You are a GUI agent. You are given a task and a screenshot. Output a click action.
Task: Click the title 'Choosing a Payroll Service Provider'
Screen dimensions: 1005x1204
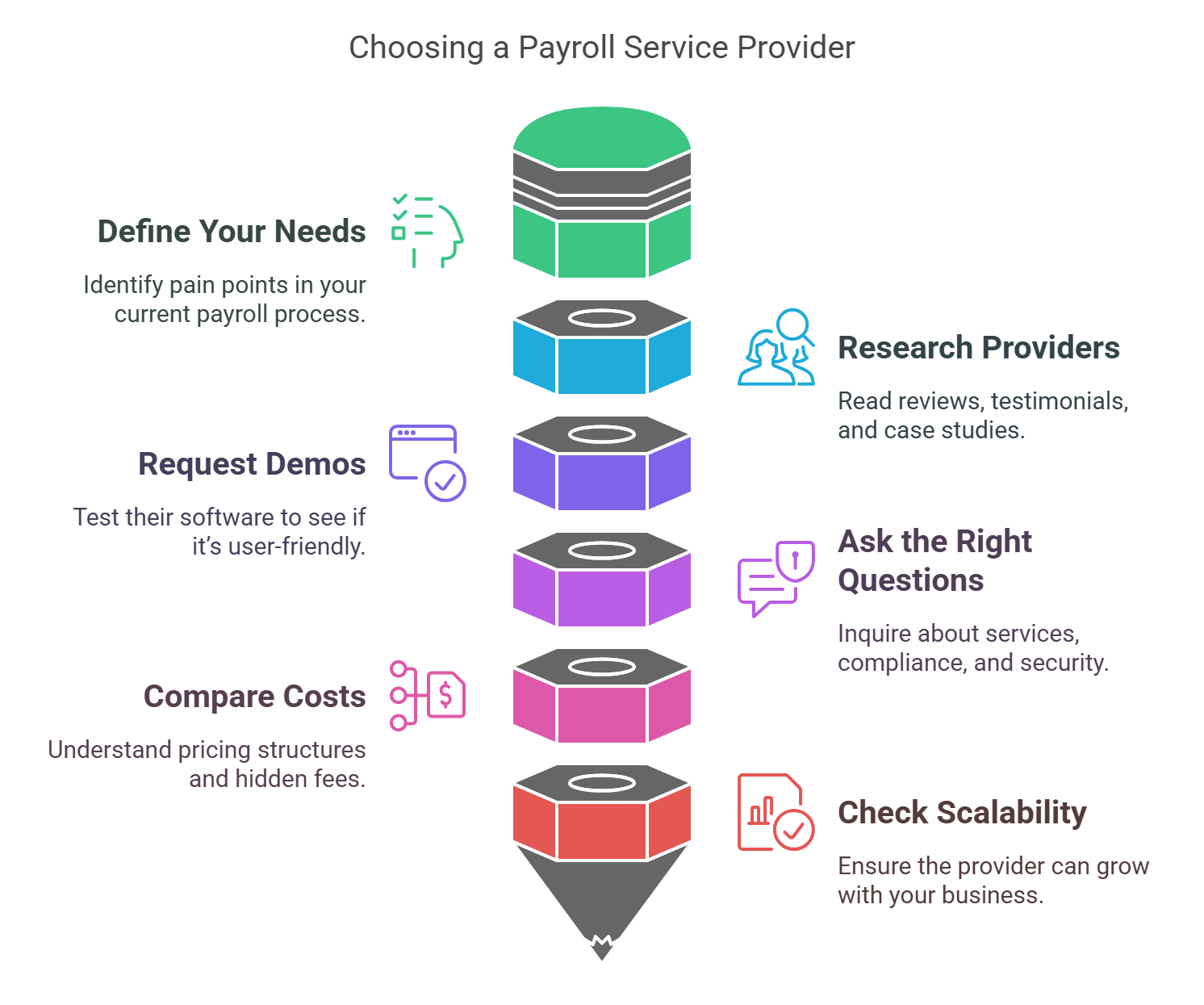pyautogui.click(x=601, y=47)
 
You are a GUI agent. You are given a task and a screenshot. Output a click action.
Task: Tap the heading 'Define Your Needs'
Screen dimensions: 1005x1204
pyautogui.click(x=232, y=232)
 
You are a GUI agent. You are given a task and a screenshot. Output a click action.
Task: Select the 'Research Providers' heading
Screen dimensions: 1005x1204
pyautogui.click(x=978, y=348)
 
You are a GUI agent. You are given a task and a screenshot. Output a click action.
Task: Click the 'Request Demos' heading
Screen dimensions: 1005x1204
pyautogui.click(x=252, y=464)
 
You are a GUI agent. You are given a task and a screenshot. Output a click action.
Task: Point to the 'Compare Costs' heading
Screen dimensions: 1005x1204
pyautogui.click(x=254, y=697)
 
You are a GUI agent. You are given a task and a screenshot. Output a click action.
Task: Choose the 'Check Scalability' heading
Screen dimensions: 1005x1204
pyautogui.click(x=962, y=813)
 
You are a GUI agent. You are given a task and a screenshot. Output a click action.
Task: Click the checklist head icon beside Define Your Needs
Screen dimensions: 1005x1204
pyautogui.click(x=427, y=232)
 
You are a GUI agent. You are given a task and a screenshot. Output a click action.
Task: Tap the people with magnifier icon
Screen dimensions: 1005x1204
pyautogui.click(x=776, y=348)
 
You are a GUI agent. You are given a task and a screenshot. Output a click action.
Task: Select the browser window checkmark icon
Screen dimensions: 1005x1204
pyautogui.click(x=427, y=463)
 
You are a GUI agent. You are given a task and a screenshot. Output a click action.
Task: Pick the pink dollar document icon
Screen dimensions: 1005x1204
pyautogui.click(x=428, y=695)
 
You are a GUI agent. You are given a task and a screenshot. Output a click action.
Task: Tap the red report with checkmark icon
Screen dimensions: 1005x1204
pyautogui.click(x=775, y=812)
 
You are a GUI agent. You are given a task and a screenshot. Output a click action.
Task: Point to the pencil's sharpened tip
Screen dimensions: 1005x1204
pyautogui.click(x=602, y=949)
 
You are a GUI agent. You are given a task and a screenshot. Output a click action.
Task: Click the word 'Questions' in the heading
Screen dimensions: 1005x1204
pyautogui.click(x=910, y=580)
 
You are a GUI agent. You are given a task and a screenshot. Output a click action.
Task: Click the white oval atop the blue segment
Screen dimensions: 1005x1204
pyautogui.click(x=602, y=318)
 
